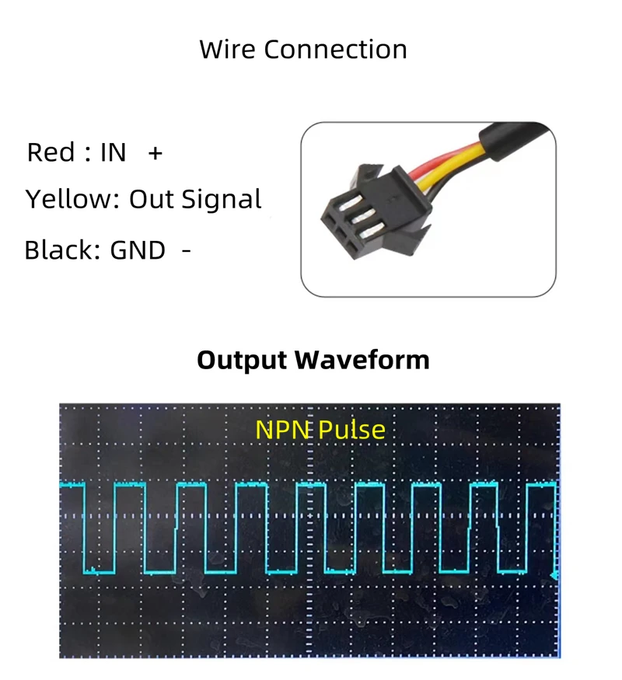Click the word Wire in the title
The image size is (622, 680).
click(227, 50)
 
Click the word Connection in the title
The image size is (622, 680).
click(335, 50)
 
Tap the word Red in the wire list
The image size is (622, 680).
click(51, 152)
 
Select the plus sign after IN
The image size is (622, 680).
click(155, 153)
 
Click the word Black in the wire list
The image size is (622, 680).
click(59, 250)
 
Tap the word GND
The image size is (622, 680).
click(138, 250)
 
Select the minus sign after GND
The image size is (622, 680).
click(186, 250)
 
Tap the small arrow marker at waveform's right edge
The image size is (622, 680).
click(554, 575)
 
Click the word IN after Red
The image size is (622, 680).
click(113, 152)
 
